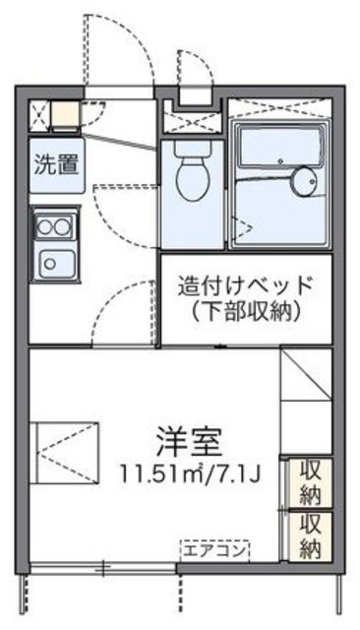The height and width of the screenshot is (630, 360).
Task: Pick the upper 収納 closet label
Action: pyautogui.click(x=311, y=481)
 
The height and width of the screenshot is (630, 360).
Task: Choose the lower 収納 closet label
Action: pyautogui.click(x=311, y=535)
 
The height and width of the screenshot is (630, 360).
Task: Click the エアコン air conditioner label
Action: pyautogui.click(x=214, y=547)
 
